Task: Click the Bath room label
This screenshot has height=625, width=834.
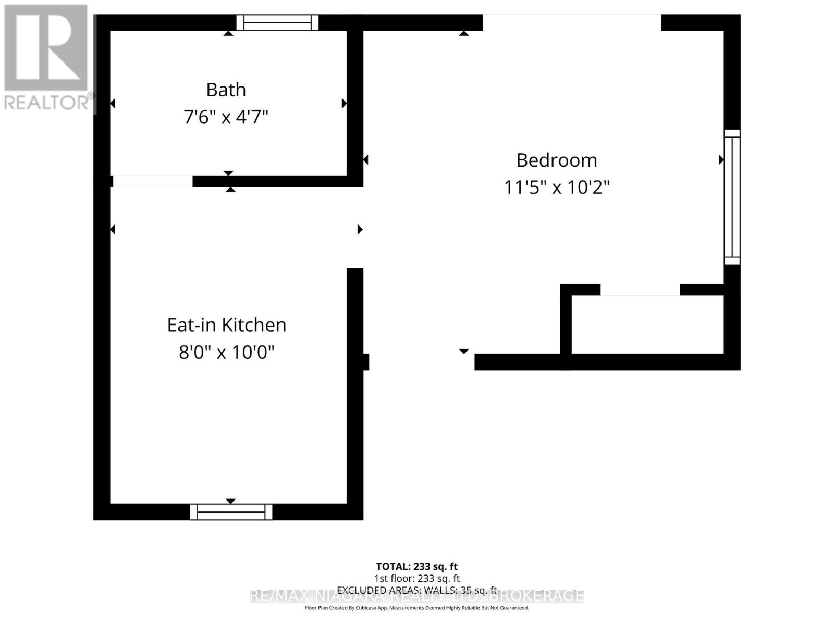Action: pos(226,90)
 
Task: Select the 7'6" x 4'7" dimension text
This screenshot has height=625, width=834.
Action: pos(226,117)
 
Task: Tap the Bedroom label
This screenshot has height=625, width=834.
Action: pos(557,160)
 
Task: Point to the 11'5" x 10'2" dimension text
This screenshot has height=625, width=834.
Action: pos(557,187)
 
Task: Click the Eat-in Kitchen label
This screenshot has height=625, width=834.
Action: pos(227,325)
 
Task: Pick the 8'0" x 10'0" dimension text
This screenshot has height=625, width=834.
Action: pos(227,353)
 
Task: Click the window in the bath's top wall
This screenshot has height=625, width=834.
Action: pos(277,22)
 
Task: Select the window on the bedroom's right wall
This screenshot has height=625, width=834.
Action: pos(732,197)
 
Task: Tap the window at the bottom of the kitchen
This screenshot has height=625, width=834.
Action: pos(231,511)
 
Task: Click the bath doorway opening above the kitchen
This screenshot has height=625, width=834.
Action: pos(152,181)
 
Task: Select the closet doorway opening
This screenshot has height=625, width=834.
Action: pos(640,290)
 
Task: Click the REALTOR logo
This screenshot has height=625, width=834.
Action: pos(47,57)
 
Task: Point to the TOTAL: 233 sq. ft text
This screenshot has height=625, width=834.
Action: pos(416,566)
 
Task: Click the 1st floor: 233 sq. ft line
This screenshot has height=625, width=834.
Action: pos(416,578)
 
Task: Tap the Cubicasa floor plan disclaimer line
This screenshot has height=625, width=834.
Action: pos(416,608)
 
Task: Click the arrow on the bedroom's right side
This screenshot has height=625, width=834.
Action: pos(721,160)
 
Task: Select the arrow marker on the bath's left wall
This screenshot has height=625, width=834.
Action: pos(113,104)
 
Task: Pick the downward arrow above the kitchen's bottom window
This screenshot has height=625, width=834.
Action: pos(230,501)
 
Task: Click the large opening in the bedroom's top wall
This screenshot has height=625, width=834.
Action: pos(572,22)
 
